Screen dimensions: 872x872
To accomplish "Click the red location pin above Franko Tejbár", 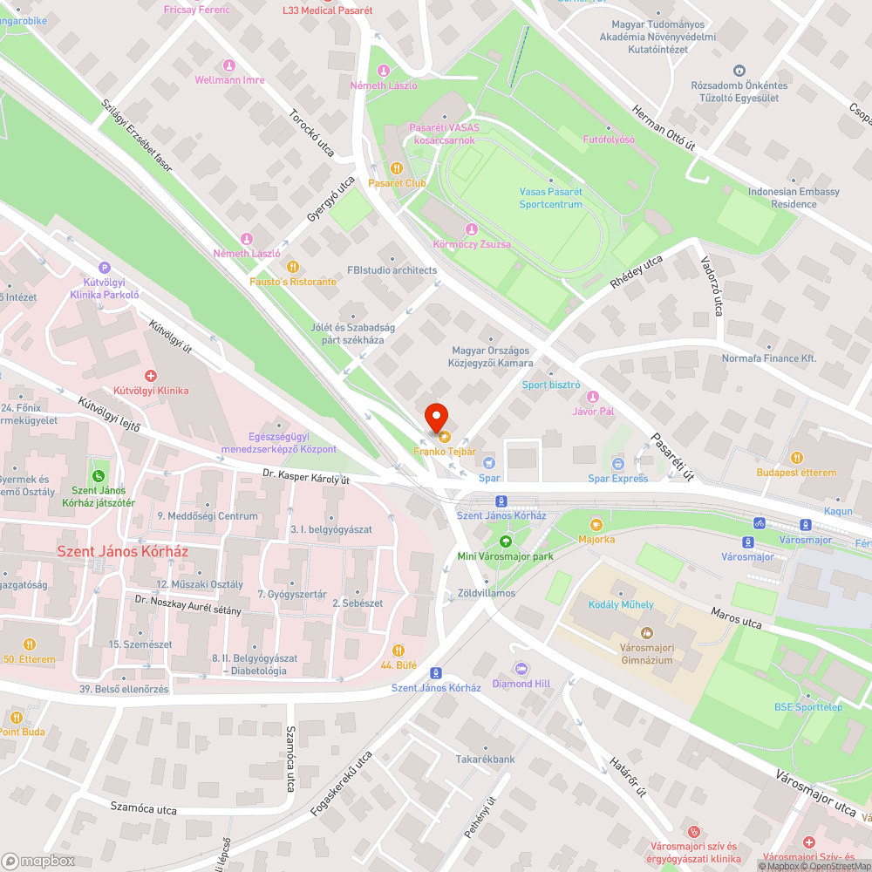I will (x=435, y=416).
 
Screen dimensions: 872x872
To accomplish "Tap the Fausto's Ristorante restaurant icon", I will (x=292, y=267).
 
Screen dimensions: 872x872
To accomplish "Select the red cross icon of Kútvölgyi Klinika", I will (x=151, y=376).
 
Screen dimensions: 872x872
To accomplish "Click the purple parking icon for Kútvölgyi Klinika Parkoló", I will (x=105, y=268).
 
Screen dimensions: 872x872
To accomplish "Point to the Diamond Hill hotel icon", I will (x=521, y=669).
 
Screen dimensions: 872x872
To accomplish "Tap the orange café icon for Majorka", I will (x=596, y=525).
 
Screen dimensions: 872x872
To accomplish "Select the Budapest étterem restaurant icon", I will (x=796, y=458).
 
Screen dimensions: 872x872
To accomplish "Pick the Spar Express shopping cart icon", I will (x=618, y=463).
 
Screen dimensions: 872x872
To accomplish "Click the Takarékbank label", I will (x=485, y=759).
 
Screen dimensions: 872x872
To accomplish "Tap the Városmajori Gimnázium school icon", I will (x=646, y=632).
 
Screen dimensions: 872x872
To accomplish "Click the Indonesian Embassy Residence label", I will (x=794, y=198).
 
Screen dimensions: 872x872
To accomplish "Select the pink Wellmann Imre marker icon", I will (x=229, y=65).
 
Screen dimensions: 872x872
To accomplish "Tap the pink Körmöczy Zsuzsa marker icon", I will (x=472, y=229).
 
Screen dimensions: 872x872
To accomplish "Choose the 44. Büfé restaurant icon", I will (x=399, y=651).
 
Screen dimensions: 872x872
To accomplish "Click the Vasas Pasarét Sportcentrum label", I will (x=550, y=198).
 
